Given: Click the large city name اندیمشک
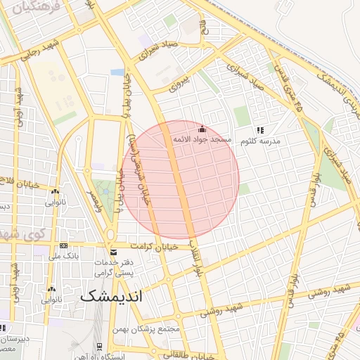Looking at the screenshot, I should click(x=111, y=295).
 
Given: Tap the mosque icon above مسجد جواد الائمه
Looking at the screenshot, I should click(x=202, y=129).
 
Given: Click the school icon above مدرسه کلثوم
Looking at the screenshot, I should click(x=260, y=130).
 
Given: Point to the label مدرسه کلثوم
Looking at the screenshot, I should click(x=261, y=141).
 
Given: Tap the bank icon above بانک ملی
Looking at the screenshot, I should click(x=64, y=246).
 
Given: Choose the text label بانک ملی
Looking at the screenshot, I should click(x=64, y=257).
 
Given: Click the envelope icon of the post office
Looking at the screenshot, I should click(x=113, y=252).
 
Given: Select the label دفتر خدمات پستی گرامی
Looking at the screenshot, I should click(x=113, y=266).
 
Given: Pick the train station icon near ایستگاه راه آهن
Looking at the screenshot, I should click(x=100, y=345).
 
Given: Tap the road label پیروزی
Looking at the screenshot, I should click(x=180, y=84).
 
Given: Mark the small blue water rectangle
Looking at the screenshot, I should click(x=117, y=72).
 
